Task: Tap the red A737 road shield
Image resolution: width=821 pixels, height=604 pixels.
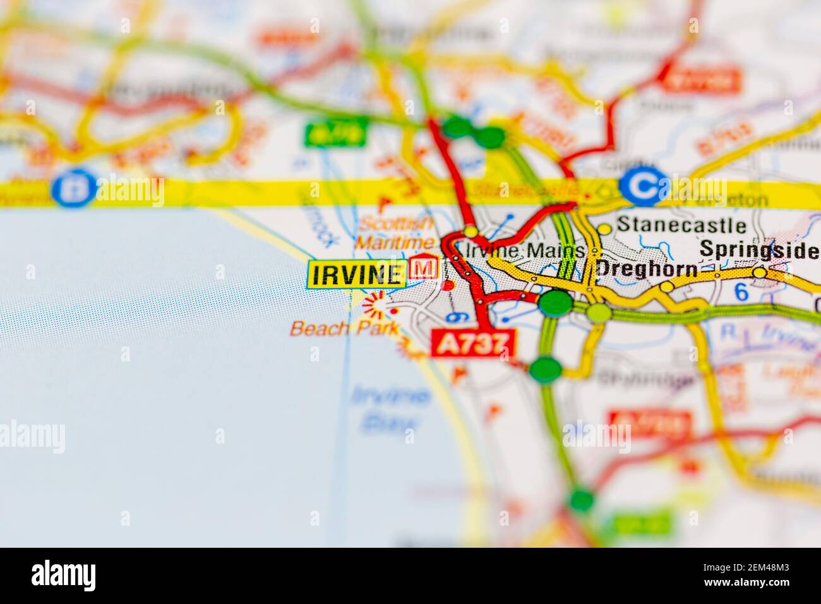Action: (472, 344)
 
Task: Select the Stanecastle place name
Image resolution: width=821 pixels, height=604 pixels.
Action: (681, 225)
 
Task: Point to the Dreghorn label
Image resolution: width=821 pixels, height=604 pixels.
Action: (647, 269)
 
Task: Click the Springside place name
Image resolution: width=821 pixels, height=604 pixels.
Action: (758, 251)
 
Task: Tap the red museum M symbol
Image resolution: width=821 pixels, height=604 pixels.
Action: (424, 268)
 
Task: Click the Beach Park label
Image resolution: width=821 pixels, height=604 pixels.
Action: (344, 328)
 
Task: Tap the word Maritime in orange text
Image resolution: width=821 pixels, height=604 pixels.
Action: (394, 242)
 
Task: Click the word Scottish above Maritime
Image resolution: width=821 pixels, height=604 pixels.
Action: (397, 223)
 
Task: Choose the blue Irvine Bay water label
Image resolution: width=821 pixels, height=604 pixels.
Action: (389, 408)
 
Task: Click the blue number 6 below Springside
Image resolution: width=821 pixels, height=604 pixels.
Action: (741, 291)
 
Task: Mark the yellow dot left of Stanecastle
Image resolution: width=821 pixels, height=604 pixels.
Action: (604, 228)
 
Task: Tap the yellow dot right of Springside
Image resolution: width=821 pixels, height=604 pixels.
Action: (759, 272)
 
